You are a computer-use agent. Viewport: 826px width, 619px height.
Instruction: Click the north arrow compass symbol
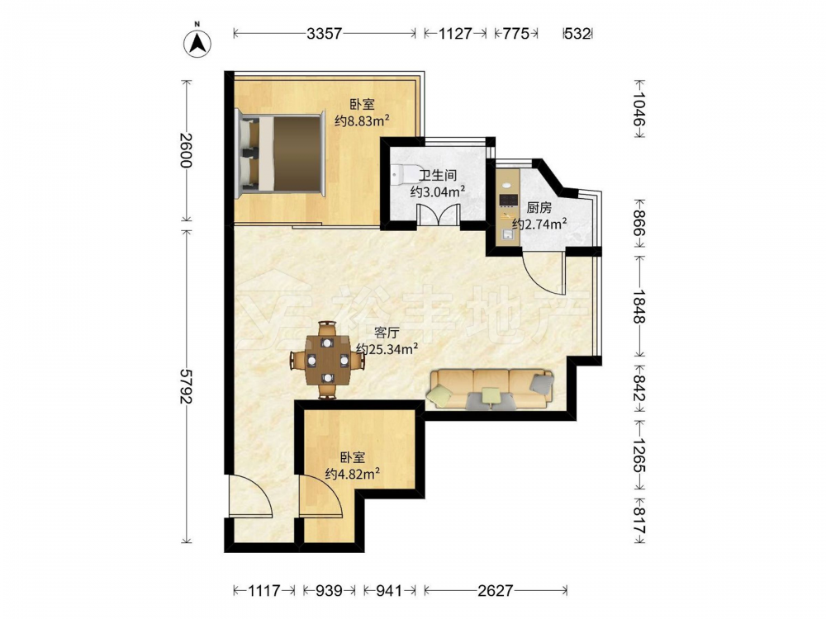[197, 42]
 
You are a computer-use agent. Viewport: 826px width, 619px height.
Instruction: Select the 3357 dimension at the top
[325, 34]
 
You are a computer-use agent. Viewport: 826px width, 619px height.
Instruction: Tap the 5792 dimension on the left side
[185, 386]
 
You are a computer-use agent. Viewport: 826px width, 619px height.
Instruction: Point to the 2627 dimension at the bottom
[495, 591]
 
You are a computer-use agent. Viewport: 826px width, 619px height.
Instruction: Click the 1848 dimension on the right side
[639, 306]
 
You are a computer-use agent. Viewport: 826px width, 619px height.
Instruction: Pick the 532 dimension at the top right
[577, 34]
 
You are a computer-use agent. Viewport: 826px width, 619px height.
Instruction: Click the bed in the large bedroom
[279, 152]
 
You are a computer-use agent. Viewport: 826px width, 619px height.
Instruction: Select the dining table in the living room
[328, 361]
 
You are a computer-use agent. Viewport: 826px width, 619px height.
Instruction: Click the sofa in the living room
[491, 390]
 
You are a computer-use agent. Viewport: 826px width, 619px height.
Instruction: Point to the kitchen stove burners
[508, 200]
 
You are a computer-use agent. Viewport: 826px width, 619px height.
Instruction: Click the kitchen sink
[507, 235]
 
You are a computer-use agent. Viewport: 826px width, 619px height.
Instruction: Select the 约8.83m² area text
[363, 121]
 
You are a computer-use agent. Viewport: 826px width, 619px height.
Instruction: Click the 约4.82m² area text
[353, 475]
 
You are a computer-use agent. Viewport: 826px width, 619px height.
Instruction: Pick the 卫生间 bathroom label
[437, 175]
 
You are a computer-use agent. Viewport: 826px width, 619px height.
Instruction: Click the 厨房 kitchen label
[539, 207]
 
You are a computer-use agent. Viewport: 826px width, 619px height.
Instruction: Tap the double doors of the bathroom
[439, 215]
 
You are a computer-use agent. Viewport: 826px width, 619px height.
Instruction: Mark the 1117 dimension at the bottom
[264, 591]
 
